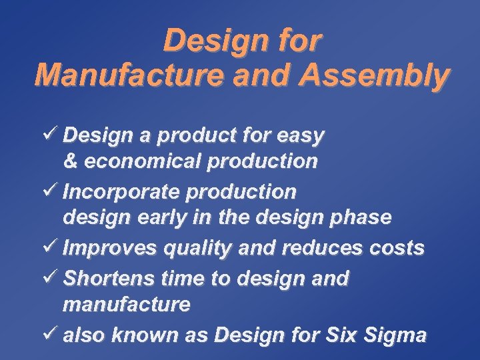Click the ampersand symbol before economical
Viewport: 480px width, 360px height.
[71, 161]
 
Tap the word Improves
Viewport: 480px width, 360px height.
[107, 248]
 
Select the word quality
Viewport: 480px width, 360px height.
[189, 249]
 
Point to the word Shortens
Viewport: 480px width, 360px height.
[109, 278]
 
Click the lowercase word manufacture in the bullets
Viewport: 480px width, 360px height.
[127, 305]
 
